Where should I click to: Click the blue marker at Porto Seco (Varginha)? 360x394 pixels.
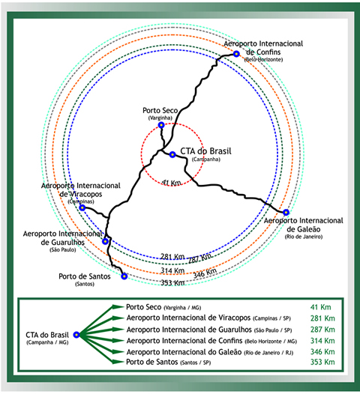(161, 125)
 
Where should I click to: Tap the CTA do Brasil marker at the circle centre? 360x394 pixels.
(172, 154)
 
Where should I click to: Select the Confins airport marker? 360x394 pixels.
(236, 54)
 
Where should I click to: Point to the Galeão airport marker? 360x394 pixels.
(286, 212)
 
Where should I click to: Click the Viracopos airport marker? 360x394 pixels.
(82, 207)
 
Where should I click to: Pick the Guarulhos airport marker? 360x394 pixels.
(105, 241)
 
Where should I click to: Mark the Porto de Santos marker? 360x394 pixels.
(124, 276)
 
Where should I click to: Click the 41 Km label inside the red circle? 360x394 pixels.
(171, 183)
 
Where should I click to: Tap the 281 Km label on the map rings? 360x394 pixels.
(172, 257)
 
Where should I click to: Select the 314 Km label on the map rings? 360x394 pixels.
(172, 270)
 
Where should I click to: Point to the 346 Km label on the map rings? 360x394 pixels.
(205, 273)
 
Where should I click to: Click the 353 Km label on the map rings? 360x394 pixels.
(172, 282)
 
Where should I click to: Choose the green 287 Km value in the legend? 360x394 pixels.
(322, 330)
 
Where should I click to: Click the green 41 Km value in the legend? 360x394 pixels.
(320, 307)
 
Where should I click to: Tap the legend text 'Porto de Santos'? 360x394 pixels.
(152, 362)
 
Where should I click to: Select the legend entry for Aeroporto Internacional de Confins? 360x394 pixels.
(211, 341)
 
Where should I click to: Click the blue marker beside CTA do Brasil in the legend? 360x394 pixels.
(76, 335)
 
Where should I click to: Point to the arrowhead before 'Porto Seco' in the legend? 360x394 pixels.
(118, 307)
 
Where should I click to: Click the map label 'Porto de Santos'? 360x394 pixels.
(85, 276)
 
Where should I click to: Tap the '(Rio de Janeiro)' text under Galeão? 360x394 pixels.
(304, 237)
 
